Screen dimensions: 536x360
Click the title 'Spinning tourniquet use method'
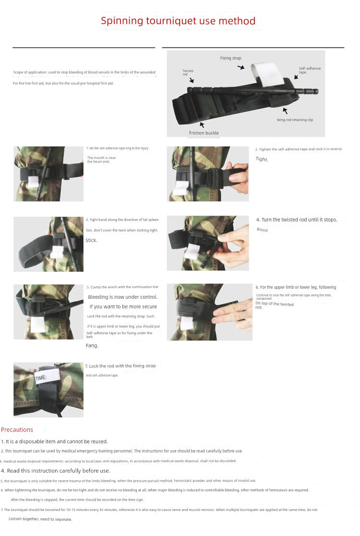point(178,21)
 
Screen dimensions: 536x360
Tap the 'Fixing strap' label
point(230,58)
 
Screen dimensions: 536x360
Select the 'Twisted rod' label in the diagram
point(188,73)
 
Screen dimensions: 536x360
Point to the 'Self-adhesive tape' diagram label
point(309,70)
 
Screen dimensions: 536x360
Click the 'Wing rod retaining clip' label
point(295,120)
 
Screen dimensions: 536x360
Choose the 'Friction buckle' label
point(204,133)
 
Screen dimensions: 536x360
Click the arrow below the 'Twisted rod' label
point(192,81)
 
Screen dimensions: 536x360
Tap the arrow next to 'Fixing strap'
point(241,68)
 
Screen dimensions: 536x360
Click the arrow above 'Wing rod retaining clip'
point(285,111)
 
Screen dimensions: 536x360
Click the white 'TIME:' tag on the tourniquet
point(40,378)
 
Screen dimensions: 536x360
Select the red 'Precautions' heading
point(17,430)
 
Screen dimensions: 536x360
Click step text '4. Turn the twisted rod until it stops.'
point(297,219)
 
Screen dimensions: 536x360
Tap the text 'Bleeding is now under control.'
point(122,297)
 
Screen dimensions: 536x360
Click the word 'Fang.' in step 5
point(92,346)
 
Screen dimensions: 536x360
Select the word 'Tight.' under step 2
point(262,159)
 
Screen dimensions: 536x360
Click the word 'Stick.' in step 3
point(91,241)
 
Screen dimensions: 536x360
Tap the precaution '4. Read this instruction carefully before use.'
point(56,471)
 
